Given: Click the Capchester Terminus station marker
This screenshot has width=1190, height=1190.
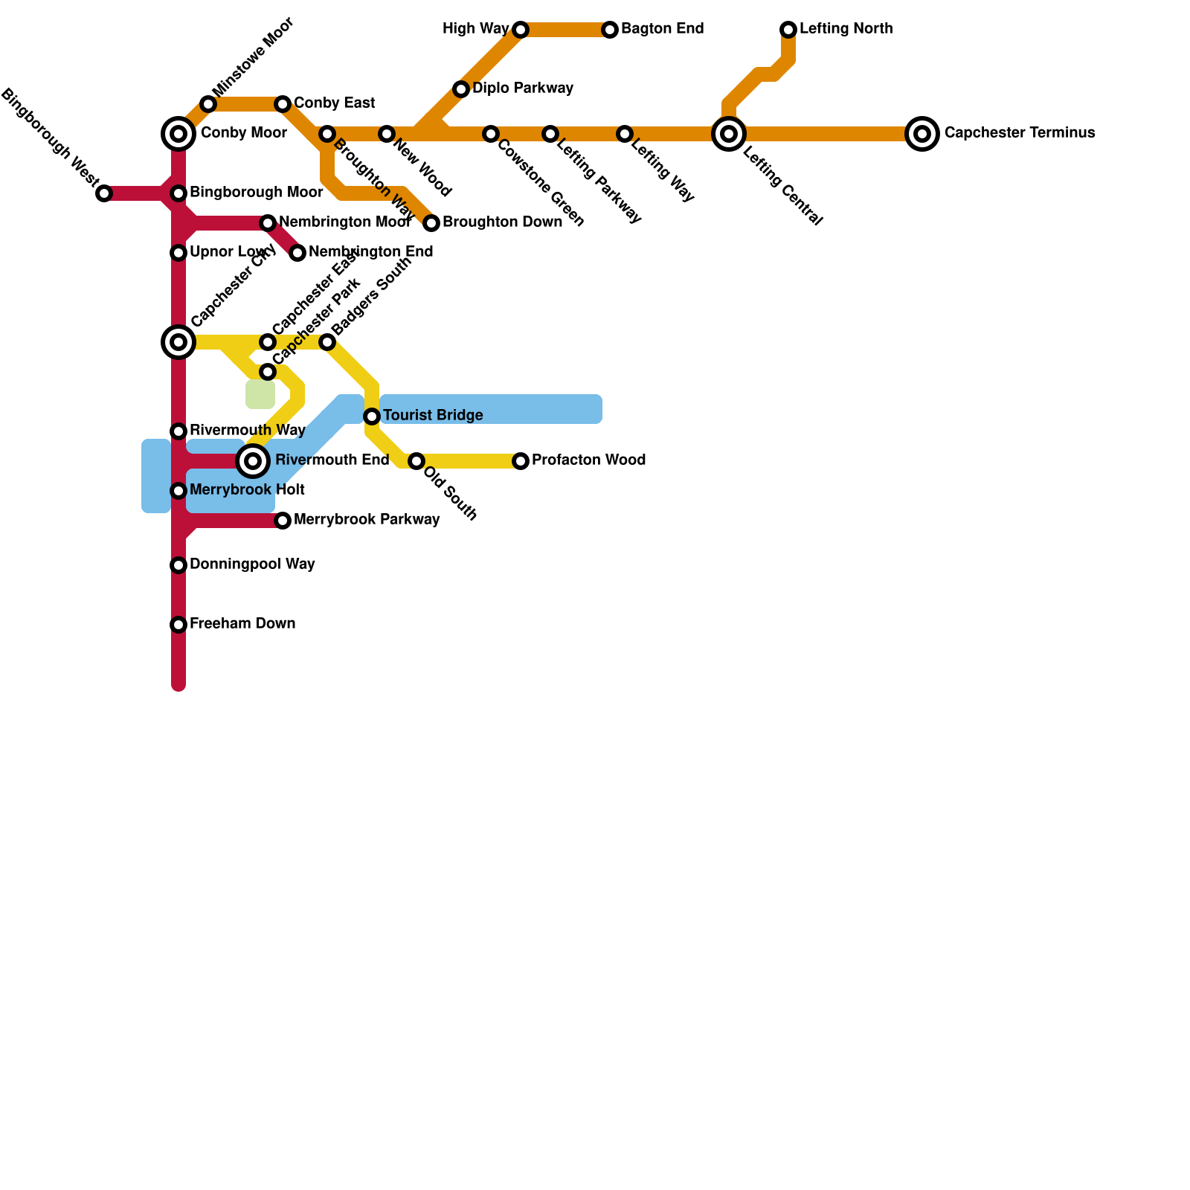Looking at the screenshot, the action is click(x=922, y=134).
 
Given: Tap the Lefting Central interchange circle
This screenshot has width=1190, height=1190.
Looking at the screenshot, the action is click(x=729, y=134).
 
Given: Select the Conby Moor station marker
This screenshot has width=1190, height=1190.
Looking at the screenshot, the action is click(x=178, y=134).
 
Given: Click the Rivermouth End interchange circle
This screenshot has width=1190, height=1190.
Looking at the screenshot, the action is click(x=253, y=461).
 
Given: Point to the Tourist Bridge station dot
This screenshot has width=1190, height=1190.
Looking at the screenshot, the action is click(x=372, y=416).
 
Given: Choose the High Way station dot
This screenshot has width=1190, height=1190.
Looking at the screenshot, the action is click(x=521, y=30).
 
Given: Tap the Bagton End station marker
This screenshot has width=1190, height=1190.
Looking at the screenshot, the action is click(x=610, y=30).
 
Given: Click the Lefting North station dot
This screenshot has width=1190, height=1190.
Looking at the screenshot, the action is click(x=788, y=30).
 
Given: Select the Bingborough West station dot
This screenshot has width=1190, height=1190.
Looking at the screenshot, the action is click(x=104, y=193).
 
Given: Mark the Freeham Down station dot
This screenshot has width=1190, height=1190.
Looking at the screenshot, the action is click(x=178, y=625).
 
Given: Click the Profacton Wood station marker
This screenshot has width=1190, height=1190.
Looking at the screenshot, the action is click(x=521, y=461).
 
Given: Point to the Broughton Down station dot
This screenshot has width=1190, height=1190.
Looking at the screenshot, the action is click(x=431, y=223).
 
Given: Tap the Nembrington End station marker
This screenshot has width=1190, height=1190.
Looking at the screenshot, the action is click(x=297, y=253).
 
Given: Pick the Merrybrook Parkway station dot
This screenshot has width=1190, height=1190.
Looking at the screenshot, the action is click(x=283, y=521).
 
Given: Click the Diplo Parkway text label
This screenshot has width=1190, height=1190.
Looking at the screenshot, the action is click(x=523, y=89).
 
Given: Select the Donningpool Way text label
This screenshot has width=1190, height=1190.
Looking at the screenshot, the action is click(x=252, y=565).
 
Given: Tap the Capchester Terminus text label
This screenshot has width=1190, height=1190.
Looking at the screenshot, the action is click(x=1019, y=133).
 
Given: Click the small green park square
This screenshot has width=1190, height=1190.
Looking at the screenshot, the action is click(x=260, y=394).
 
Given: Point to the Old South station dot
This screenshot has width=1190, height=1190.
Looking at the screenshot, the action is click(x=416, y=461).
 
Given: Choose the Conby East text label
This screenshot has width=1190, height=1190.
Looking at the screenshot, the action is click(x=334, y=103).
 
